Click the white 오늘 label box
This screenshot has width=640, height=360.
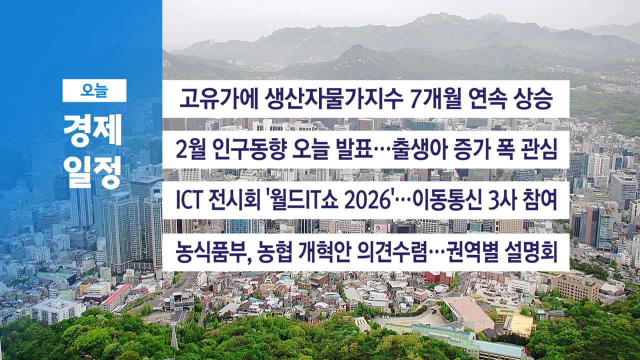[94, 90]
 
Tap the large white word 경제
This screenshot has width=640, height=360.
[93, 130]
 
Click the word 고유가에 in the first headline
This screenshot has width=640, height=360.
[219, 99]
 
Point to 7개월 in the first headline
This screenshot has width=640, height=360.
[435, 99]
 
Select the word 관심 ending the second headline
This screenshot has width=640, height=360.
[537, 149]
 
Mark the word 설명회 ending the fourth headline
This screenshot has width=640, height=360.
[531, 252]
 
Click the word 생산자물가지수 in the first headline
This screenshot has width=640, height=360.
[330, 99]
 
